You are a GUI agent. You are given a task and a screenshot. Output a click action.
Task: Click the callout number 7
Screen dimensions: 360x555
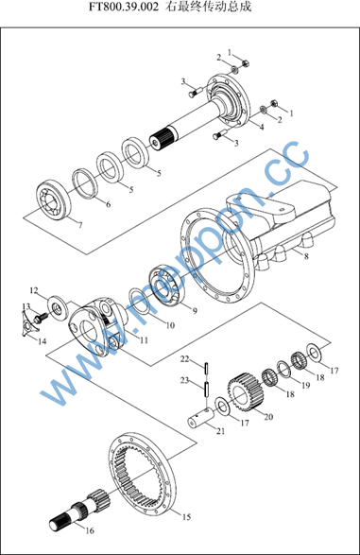[x=80, y=225]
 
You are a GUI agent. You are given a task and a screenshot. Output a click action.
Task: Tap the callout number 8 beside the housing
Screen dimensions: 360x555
[x=306, y=255]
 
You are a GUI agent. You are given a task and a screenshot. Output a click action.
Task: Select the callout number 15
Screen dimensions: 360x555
[x=186, y=517]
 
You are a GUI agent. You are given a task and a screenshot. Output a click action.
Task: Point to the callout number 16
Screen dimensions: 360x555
[x=90, y=530]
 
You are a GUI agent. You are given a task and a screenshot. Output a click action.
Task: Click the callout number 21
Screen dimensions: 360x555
[x=220, y=431]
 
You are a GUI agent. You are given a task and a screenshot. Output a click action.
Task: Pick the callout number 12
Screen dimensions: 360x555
[x=34, y=290]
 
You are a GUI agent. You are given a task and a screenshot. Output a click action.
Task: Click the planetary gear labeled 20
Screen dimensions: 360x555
[x=246, y=392]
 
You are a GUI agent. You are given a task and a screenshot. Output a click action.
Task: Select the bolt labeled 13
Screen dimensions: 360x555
[x=40, y=318]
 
